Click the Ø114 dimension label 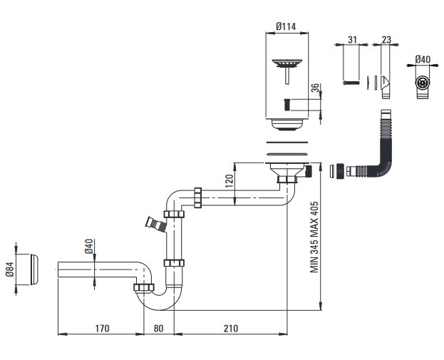point(286,26)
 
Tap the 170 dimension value point(102,328)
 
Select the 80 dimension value point(158,328)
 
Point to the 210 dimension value point(231,328)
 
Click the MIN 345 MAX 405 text point(314,237)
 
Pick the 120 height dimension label point(229,181)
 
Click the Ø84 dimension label point(10,269)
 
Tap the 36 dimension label point(315,88)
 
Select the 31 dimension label point(352,40)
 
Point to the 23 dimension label point(386,40)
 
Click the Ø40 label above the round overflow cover point(423,59)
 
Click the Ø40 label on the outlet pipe point(88,246)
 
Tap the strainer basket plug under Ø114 point(287,71)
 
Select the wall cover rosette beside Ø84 point(34,269)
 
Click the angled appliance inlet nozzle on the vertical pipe point(156,225)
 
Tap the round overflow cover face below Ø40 point(423,83)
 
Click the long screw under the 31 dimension point(351,83)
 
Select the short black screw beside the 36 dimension point(286,105)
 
